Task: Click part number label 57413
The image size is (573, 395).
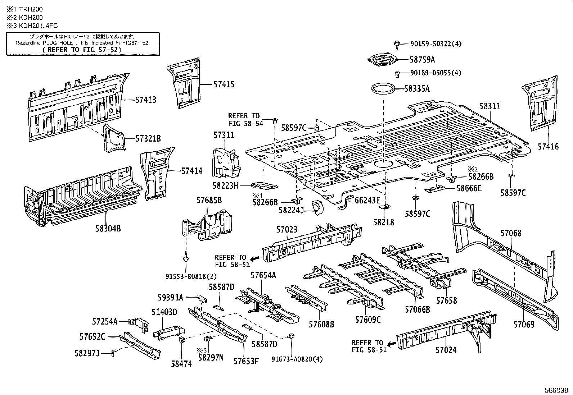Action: pos(146,100)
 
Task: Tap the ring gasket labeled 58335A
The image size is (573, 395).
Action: pos(383,88)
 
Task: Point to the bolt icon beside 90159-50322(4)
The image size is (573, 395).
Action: pos(398,44)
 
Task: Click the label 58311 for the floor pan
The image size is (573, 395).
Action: pos(489,106)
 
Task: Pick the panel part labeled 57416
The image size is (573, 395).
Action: pos(539,104)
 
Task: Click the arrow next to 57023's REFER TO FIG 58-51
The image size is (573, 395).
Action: pos(255,258)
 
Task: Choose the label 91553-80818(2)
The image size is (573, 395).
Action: pos(186,276)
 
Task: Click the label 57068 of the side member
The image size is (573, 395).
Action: pos(510,233)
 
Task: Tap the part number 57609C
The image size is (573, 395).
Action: pos(367,320)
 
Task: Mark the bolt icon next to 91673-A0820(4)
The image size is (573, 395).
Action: pos(291,336)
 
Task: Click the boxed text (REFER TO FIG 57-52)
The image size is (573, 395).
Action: pos(82,50)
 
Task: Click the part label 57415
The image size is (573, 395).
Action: pos(224,84)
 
